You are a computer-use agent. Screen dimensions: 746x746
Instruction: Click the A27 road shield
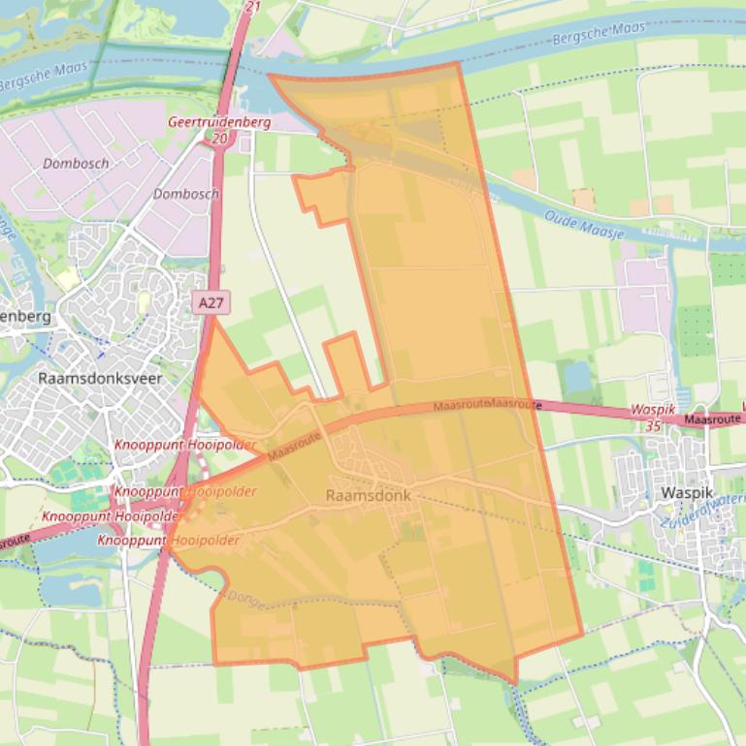pyautogui.click(x=211, y=303)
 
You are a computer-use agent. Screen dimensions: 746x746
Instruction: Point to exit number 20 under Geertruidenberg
pyautogui.click(x=220, y=139)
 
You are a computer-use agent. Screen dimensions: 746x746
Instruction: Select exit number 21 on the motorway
pyautogui.click(x=253, y=6)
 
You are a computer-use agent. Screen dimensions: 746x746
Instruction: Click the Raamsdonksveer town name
pyautogui.click(x=100, y=378)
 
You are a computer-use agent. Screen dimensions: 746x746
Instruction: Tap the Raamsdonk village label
pyautogui.click(x=369, y=495)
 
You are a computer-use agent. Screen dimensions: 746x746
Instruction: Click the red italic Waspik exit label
pyautogui.click(x=652, y=410)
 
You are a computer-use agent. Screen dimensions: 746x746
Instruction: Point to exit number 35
pyautogui.click(x=652, y=424)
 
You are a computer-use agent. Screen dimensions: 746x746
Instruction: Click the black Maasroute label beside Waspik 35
pyautogui.click(x=713, y=420)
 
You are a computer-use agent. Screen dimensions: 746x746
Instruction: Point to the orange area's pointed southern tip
pyautogui.click(x=514, y=682)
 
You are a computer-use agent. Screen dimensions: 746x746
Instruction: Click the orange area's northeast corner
pyautogui.click(x=457, y=65)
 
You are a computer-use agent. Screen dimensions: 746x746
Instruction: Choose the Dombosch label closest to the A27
pyautogui.click(x=186, y=194)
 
